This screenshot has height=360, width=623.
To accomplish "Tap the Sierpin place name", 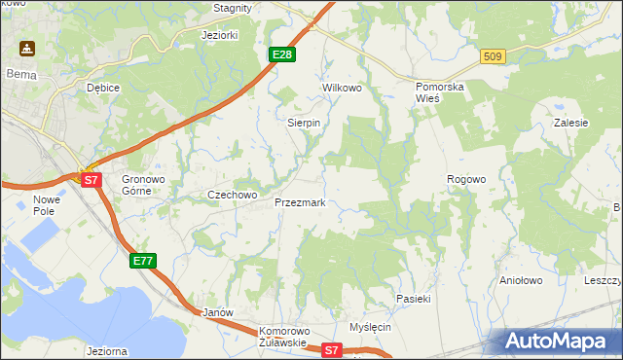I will pos(304,124).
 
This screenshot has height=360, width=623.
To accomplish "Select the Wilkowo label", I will pos(342,88).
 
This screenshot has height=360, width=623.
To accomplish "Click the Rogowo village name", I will pos(465,179).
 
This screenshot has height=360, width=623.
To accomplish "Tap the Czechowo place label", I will pos(232,195).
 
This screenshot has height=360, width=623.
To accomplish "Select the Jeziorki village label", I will pos(219,35).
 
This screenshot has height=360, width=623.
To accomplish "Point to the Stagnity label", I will pos(233,8).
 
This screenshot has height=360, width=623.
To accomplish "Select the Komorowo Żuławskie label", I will pos(283,337).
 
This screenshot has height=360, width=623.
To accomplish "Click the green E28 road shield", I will pos(281,54).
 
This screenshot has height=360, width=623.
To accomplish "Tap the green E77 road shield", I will pos(142,260).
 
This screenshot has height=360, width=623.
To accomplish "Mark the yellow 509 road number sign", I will pos(492,57).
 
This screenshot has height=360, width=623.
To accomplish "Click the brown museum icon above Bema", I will pos(25,48).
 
